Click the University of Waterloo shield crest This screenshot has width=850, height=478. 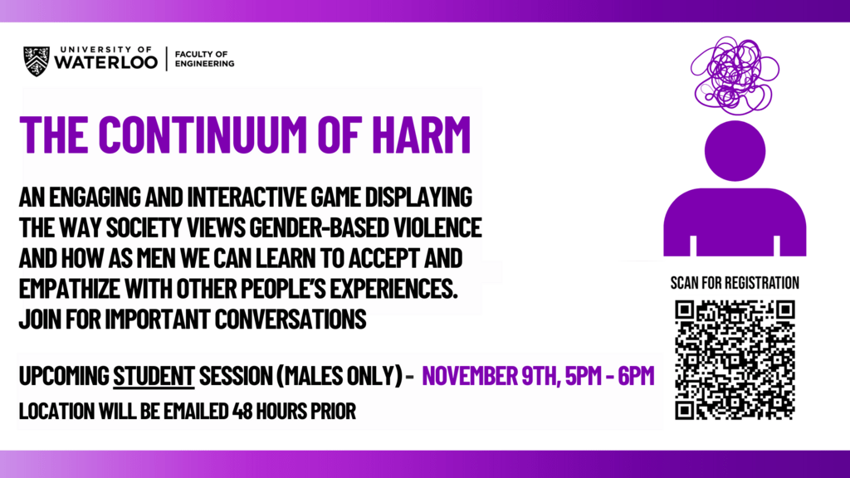point(37,61)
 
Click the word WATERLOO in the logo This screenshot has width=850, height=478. point(105,63)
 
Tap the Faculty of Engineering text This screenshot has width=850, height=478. point(204,58)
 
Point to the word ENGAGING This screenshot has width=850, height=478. point(112,199)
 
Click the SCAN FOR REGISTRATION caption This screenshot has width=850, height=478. point(735,283)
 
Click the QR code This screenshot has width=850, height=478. point(735,359)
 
